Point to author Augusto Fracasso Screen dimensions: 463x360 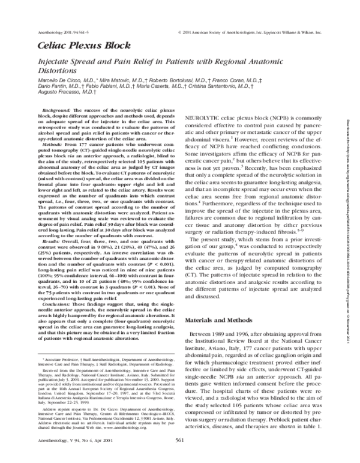(x=64, y=93)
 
